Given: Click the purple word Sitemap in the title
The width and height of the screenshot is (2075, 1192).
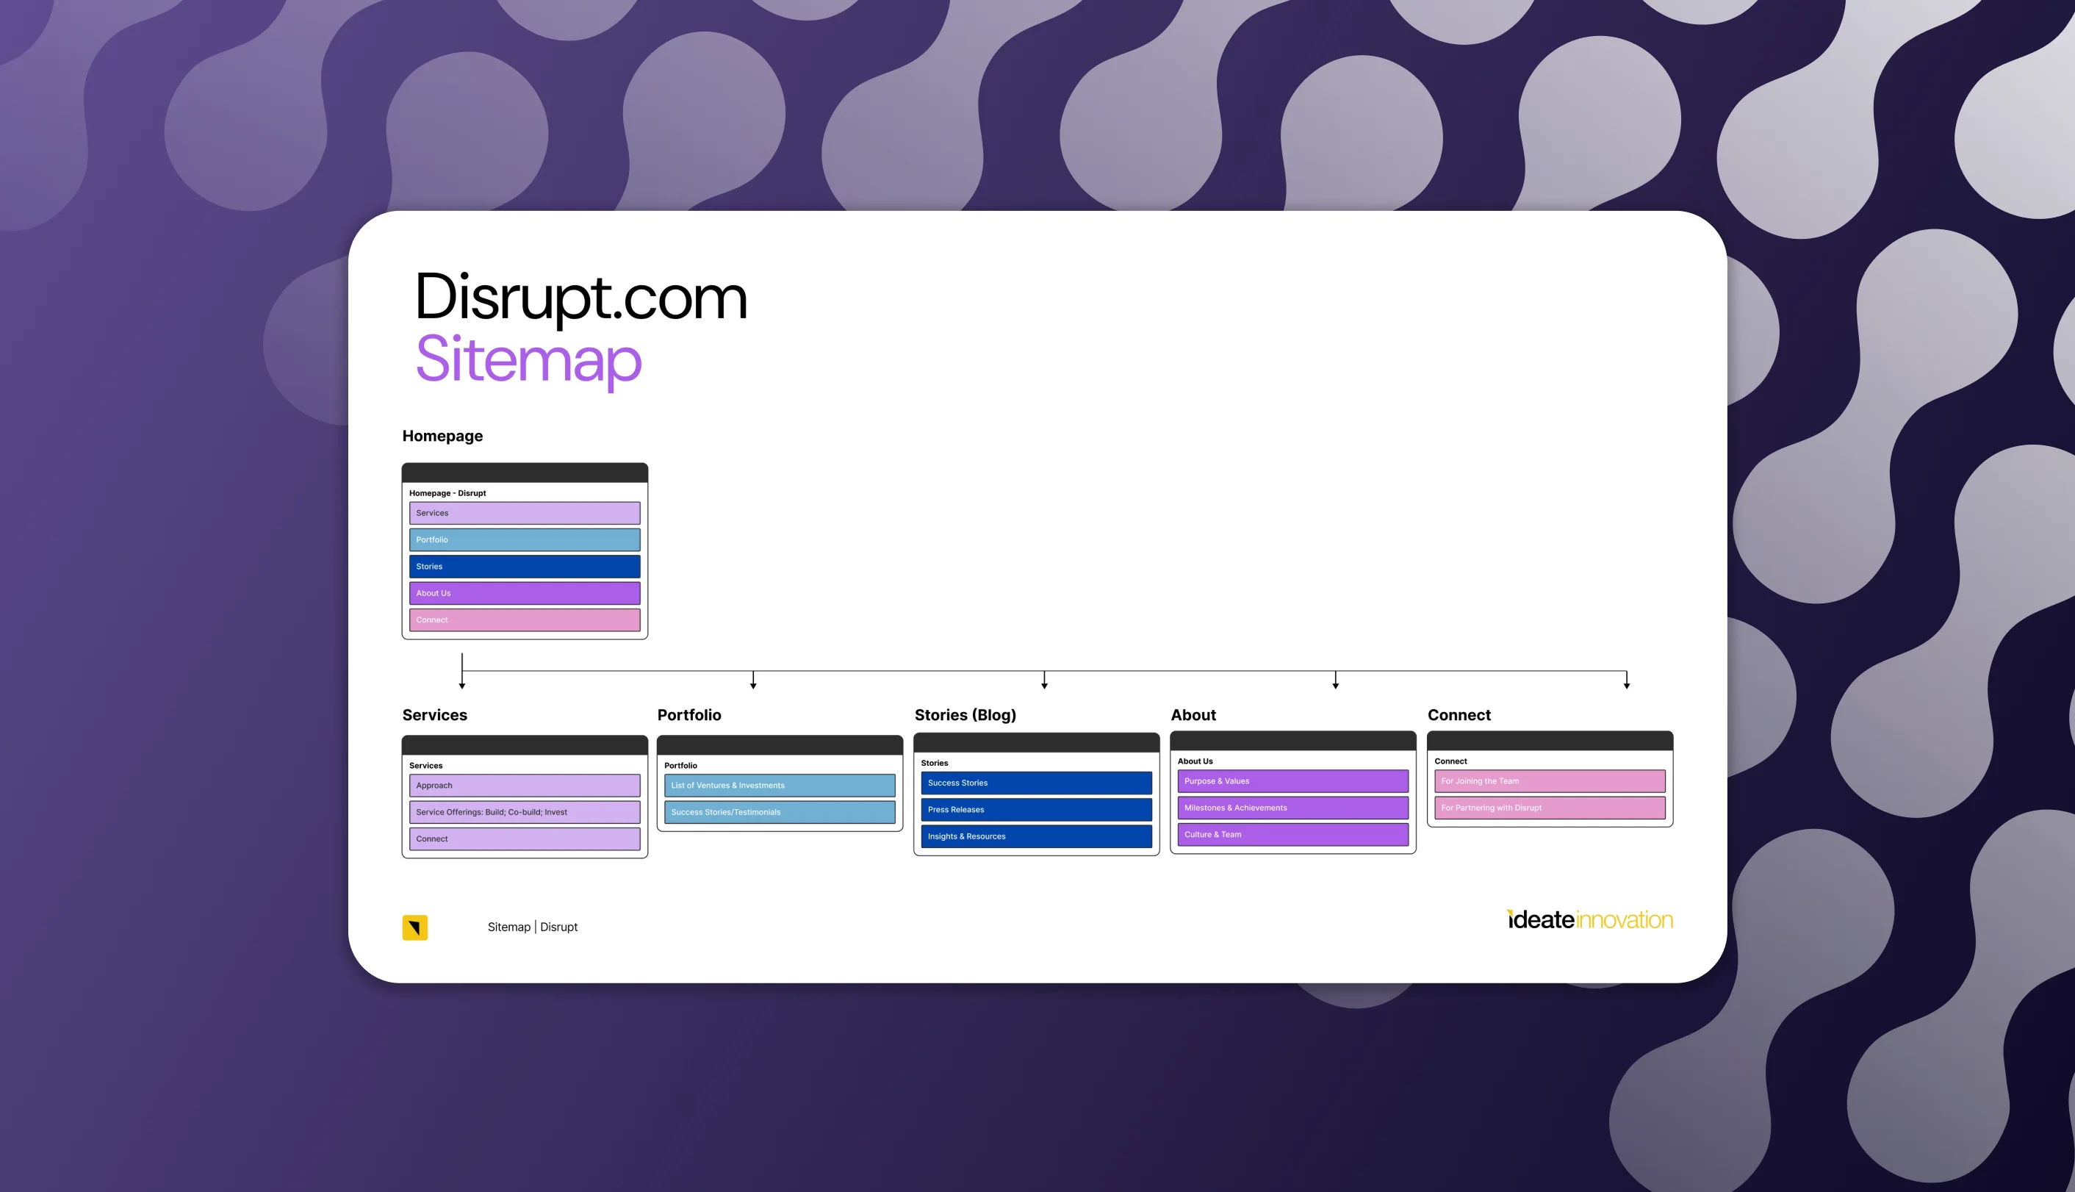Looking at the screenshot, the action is [529, 360].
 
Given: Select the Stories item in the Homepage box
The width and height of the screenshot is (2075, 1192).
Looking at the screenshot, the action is [525, 567].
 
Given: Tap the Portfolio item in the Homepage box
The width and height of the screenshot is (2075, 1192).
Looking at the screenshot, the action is [525, 539].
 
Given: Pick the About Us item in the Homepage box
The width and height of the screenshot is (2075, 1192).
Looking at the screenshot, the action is [525, 594].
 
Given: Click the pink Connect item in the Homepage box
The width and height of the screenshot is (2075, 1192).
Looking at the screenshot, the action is [525, 620].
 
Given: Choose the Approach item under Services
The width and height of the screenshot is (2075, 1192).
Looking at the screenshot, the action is [525, 786].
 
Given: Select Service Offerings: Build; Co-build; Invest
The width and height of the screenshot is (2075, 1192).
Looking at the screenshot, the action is [525, 812].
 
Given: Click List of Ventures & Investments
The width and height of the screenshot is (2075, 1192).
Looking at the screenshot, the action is [780, 786].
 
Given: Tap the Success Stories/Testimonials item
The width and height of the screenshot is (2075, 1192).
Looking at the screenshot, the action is [780, 812].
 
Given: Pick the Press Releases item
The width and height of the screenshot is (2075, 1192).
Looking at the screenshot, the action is [1036, 810].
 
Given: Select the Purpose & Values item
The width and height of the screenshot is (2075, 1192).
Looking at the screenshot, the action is [1293, 781].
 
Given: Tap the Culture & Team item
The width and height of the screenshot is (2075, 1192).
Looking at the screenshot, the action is [1293, 835].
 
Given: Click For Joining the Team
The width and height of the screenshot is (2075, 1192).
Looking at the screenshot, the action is [1550, 781].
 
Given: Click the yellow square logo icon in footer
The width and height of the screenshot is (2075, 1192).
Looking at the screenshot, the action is [415, 927].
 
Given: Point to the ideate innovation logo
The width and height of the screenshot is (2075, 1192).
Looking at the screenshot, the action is [1589, 920].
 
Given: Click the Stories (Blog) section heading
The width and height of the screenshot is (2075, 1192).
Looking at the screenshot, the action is [965, 716].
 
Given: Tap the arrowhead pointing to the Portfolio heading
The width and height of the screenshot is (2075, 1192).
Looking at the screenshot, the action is [753, 685].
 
